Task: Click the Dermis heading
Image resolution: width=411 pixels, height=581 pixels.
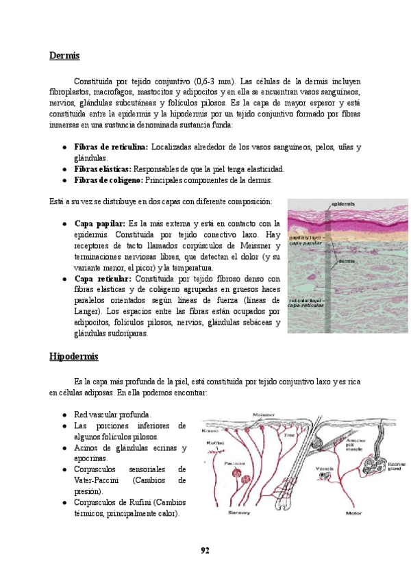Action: tap(64, 55)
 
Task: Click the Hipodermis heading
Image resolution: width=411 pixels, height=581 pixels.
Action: tap(74, 357)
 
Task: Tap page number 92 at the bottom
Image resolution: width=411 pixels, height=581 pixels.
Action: tap(205, 550)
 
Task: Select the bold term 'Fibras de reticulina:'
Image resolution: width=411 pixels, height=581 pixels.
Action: tap(110, 147)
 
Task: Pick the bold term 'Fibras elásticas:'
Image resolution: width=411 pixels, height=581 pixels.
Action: tap(103, 169)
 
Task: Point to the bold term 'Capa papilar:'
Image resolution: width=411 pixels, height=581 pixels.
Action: tap(99, 224)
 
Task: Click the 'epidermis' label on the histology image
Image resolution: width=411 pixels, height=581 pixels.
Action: tap(343, 203)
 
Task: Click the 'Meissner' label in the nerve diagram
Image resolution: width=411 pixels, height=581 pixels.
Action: tap(264, 415)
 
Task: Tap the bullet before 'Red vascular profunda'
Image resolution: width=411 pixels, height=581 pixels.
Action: tap(64, 415)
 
